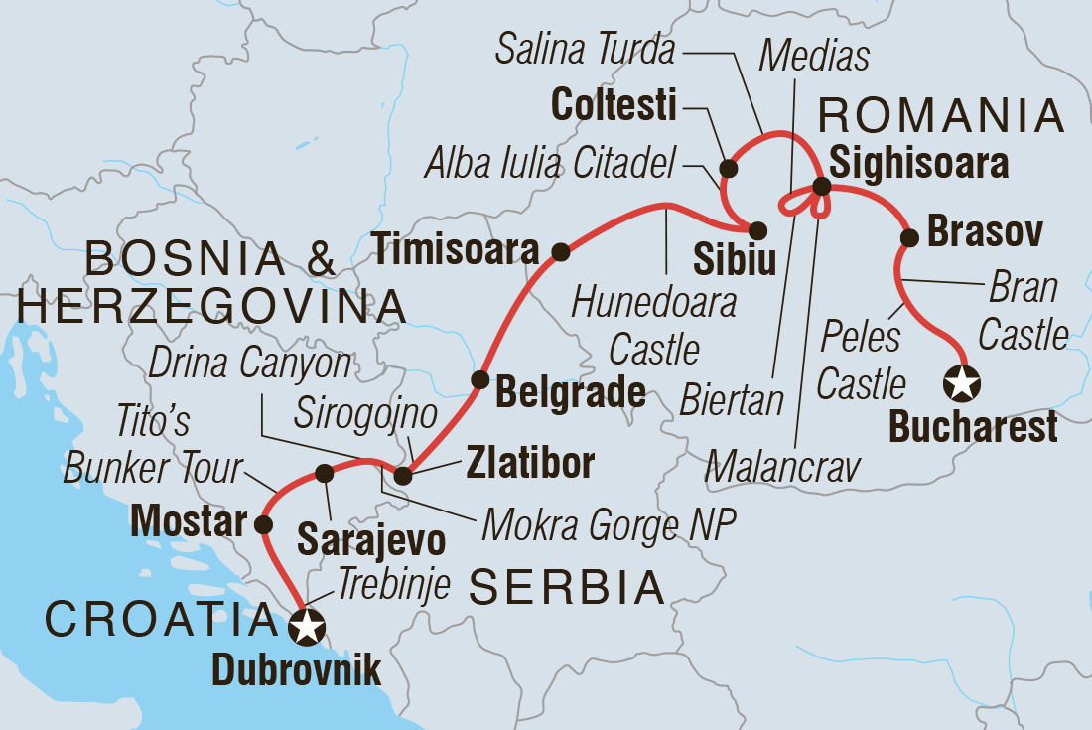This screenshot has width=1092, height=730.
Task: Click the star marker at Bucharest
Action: click(962, 381)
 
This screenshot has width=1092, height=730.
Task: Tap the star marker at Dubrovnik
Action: click(307, 627)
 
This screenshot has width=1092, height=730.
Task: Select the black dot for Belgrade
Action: click(479, 378)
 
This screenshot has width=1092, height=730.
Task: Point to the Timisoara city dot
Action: click(560, 251)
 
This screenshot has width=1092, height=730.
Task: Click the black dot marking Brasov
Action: click(907, 237)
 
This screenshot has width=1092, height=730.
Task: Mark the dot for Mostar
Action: click(263, 523)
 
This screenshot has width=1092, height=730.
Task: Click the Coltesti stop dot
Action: click(728, 167)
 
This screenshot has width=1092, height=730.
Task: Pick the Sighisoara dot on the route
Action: click(822, 186)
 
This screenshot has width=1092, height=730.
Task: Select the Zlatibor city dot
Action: click(402, 477)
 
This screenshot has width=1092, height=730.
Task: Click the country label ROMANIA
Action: click(940, 117)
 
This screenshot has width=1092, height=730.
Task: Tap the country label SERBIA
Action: click(566, 588)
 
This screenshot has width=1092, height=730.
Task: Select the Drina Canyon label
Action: click(250, 365)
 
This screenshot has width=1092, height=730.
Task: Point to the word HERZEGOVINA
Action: click(211, 307)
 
